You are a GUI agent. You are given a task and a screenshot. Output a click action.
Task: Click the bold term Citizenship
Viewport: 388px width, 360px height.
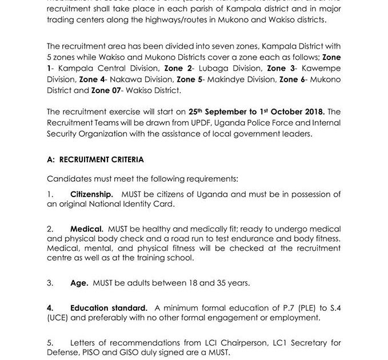91,194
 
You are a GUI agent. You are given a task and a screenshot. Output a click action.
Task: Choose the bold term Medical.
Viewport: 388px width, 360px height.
86,228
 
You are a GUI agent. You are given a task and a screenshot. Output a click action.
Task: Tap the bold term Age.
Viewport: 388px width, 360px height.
79,282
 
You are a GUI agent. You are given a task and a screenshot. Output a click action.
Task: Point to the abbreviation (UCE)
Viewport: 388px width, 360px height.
58,318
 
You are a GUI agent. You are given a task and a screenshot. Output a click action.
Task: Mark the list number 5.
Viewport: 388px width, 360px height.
50,343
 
